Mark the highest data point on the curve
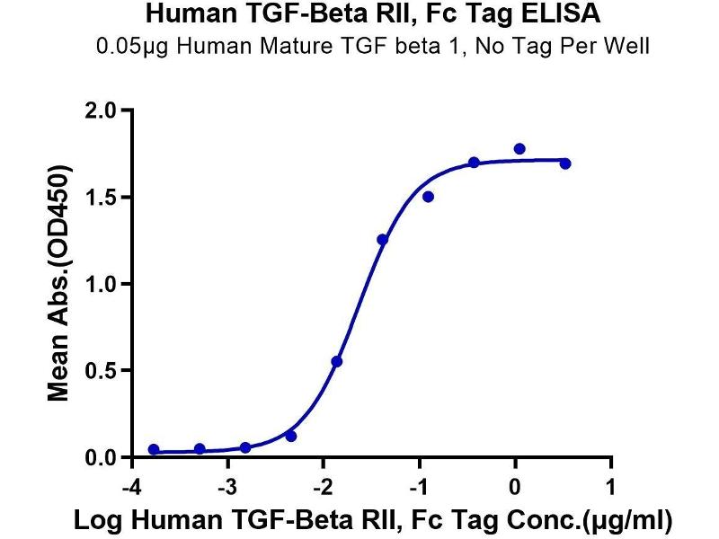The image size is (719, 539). (519, 148)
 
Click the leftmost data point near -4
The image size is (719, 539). (154, 449)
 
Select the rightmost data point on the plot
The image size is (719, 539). (565, 163)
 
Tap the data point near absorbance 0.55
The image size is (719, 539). (337, 361)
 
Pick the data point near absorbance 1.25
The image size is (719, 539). (383, 239)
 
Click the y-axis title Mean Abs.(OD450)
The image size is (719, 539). (59, 284)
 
